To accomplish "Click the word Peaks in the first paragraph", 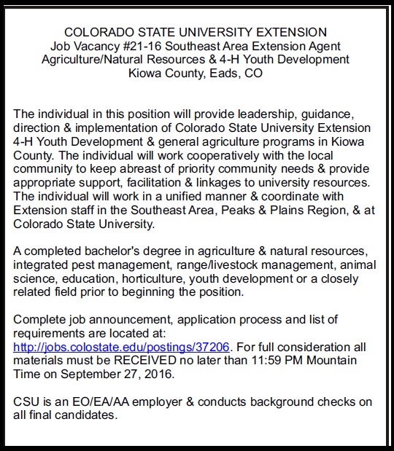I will (240, 211).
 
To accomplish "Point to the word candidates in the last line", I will (88, 415).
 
